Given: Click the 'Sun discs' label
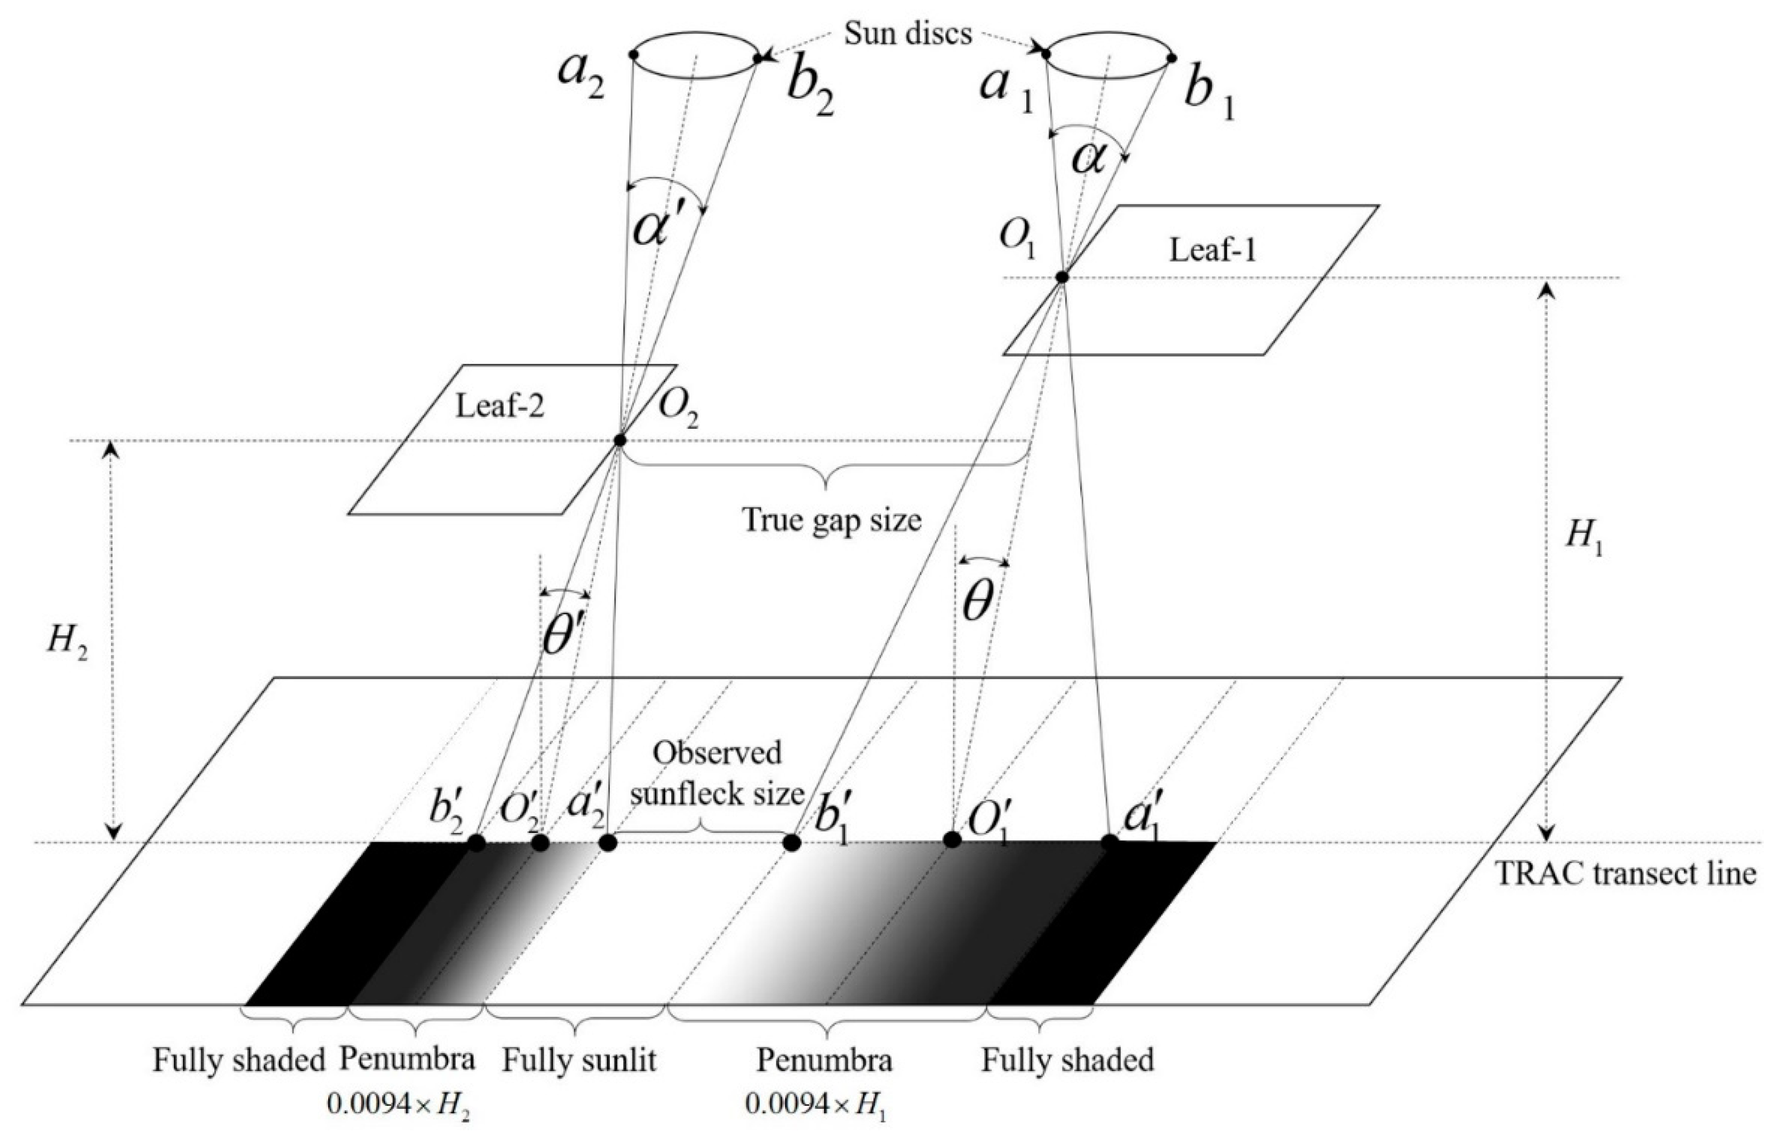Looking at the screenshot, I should (x=908, y=34).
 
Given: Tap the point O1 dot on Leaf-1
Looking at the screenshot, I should (x=1062, y=277).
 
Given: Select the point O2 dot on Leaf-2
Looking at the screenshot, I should (x=620, y=440).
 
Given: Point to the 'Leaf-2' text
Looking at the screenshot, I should (x=500, y=406).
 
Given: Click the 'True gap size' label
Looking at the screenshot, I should (x=832, y=520).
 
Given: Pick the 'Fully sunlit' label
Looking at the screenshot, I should (x=579, y=1061).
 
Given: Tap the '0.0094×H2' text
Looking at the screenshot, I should (x=398, y=1104).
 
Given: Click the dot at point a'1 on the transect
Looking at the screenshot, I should (x=1109, y=842).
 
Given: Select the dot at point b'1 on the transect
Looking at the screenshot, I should (x=792, y=842).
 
